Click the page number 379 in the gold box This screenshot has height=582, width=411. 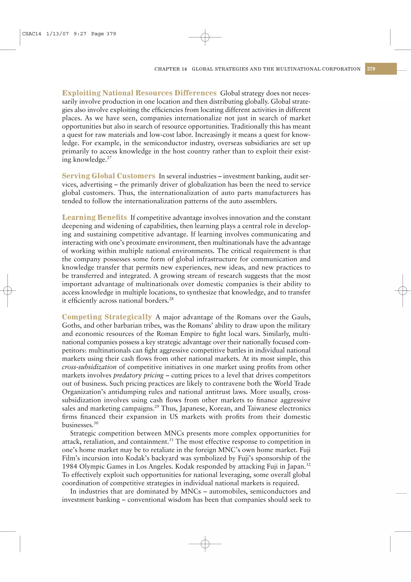click(x=371, y=69)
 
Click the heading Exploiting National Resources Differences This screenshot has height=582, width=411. click(x=139, y=93)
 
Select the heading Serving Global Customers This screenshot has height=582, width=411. click(x=108, y=176)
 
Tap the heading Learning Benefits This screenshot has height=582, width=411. click(x=94, y=217)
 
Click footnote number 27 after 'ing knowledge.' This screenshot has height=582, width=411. click(x=109, y=158)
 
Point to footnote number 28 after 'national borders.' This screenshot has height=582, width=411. click(x=171, y=299)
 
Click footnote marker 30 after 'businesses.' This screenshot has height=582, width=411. click(x=96, y=423)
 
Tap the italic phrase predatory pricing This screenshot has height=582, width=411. click(x=138, y=375)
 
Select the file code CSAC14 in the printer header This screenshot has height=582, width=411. click(x=32, y=34)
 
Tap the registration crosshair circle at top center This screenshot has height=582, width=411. click(x=205, y=37)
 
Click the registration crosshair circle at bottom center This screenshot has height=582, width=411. click(x=205, y=544)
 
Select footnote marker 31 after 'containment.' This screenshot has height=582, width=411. click(x=171, y=440)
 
